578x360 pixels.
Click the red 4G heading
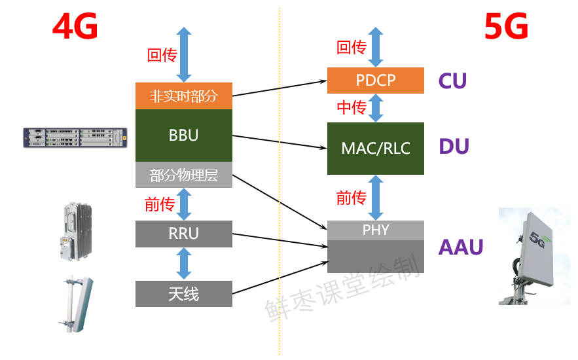pyautogui.click(x=75, y=28)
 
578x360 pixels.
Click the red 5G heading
pyautogui.click(x=506, y=28)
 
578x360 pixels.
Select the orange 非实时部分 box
pyautogui.click(x=183, y=96)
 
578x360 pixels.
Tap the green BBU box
pyautogui.click(x=183, y=135)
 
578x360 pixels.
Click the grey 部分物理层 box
pyautogui.click(x=183, y=175)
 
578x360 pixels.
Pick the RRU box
pyautogui.click(x=183, y=234)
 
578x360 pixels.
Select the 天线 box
pyautogui.click(x=183, y=294)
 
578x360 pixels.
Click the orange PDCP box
pyautogui.click(x=376, y=80)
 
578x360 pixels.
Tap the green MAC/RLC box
pyautogui.click(x=376, y=148)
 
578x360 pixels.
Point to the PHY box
pyautogui.click(x=376, y=230)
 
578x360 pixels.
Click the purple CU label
pyautogui.click(x=452, y=81)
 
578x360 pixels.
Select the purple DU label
pyautogui.click(x=454, y=147)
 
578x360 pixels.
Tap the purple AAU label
pyautogui.click(x=460, y=247)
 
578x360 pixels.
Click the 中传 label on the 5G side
pyautogui.click(x=351, y=107)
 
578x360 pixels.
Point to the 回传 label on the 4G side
pyautogui.click(x=162, y=56)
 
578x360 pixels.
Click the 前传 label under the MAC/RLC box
pyautogui.click(x=351, y=198)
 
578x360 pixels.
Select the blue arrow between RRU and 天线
pyautogui.click(x=184, y=264)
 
